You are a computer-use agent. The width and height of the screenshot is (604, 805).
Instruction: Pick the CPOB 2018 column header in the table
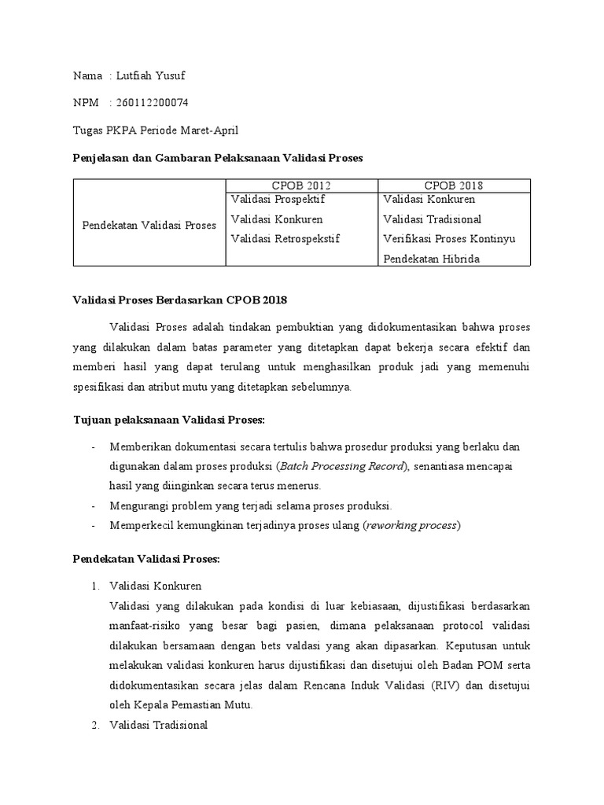click(454, 186)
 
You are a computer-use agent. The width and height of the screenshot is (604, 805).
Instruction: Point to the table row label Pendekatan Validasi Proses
click(149, 226)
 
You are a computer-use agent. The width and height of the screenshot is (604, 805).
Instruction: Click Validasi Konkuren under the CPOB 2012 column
click(276, 219)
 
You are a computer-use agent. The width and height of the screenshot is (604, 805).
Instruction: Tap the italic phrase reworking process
click(411, 525)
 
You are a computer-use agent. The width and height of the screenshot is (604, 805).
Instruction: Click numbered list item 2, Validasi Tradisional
click(158, 725)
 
